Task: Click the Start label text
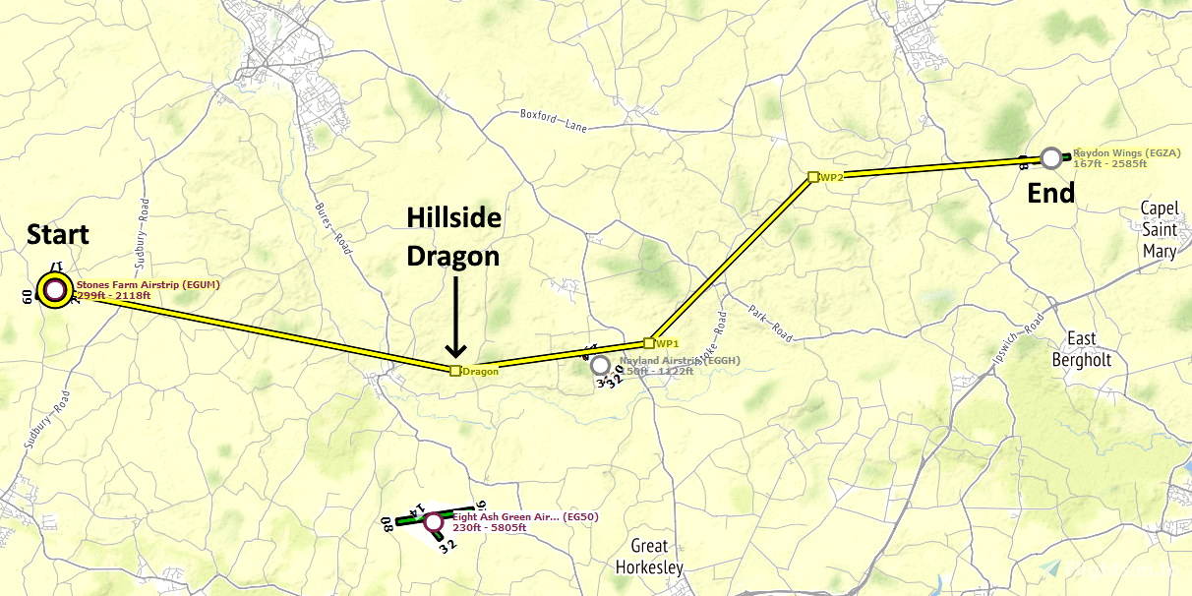(x=57, y=235)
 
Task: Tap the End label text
(x=1050, y=194)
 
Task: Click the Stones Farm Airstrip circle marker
(x=54, y=290)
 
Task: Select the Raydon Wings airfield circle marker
(x=1051, y=157)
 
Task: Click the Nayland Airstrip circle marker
(x=600, y=365)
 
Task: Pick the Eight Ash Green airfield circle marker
(x=433, y=522)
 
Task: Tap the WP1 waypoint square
(x=648, y=343)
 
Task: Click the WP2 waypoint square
(x=812, y=177)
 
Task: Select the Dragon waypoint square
(x=454, y=371)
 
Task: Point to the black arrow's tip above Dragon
(x=454, y=357)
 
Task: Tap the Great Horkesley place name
(x=648, y=557)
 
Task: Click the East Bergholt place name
(x=1081, y=349)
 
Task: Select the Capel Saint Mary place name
(x=1158, y=229)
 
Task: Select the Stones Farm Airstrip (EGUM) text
(x=149, y=285)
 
